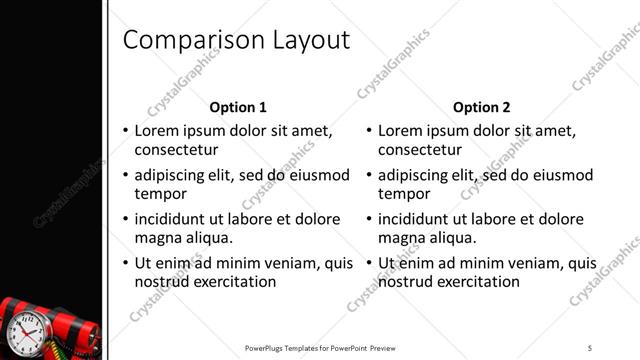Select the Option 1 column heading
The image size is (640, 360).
[x=238, y=107]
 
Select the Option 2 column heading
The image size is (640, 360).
[x=481, y=107]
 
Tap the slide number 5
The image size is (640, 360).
[x=590, y=347]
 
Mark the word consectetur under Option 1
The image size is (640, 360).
[x=176, y=150]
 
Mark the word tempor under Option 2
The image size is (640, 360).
[x=404, y=194]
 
